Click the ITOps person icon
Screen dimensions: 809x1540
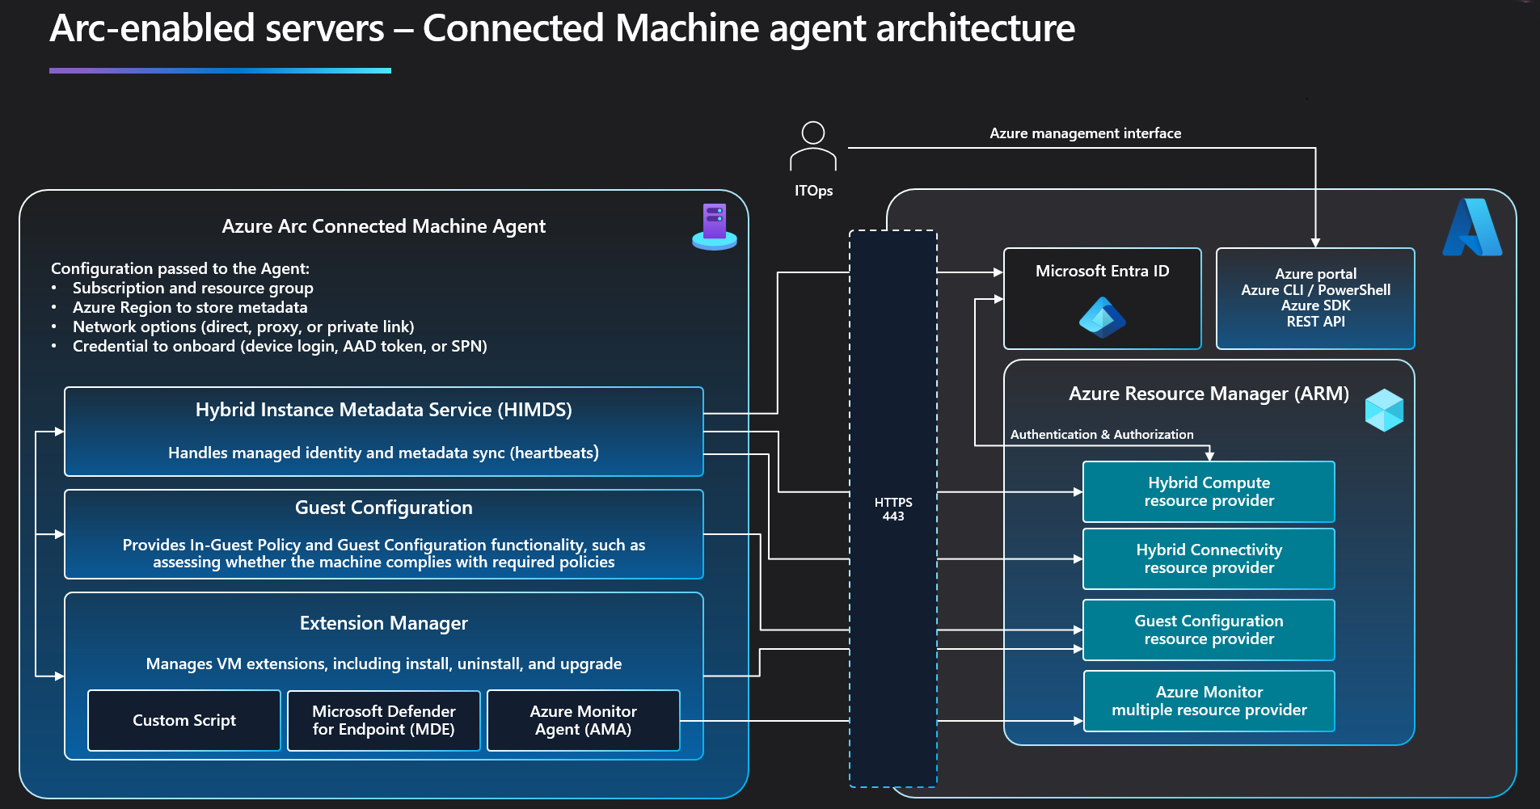[812, 146]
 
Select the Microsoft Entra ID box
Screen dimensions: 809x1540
[1102, 298]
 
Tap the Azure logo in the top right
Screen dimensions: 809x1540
[1472, 228]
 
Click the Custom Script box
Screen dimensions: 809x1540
[184, 720]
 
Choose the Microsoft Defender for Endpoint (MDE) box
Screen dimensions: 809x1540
[384, 720]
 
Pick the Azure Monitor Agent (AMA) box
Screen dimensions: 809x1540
[583, 720]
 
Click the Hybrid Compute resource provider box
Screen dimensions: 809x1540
[1209, 491]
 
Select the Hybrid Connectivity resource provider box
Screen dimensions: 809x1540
[1209, 558]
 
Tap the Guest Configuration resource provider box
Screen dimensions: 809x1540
[1209, 630]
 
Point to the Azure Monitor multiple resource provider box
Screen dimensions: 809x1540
[1209, 701]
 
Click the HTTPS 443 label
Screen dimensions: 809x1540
[893, 509]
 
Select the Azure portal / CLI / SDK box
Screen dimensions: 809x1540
[1315, 298]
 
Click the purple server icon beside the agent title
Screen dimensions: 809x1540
[715, 226]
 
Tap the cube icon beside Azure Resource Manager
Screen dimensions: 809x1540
[1384, 410]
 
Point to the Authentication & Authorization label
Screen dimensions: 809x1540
[1102, 435]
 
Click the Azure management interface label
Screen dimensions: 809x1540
[1085, 133]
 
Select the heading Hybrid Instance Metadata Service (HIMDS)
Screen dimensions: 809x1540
[384, 410]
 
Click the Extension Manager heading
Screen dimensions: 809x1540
[384, 623]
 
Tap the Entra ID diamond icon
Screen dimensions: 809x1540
[1102, 317]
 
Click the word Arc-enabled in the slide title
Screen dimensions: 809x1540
[217, 29]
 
